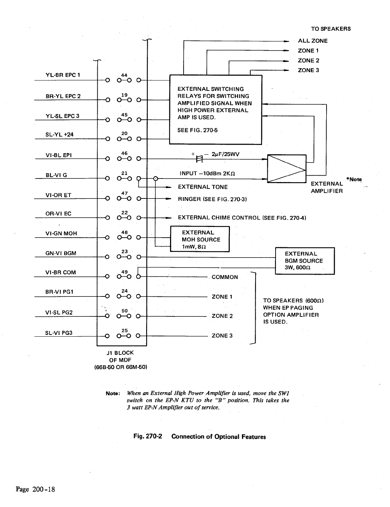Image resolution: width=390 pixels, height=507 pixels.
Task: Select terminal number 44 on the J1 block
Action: (x=124, y=75)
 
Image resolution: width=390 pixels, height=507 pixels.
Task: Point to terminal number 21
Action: (x=124, y=173)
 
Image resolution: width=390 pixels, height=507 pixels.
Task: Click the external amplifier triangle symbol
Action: (x=287, y=169)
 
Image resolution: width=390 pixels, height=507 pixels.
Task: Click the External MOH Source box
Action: (x=200, y=239)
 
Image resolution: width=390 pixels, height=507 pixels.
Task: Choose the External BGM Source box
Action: (x=305, y=260)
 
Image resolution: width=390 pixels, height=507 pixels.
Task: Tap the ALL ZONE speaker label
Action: (x=312, y=41)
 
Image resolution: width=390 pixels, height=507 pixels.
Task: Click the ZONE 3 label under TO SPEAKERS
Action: (x=308, y=70)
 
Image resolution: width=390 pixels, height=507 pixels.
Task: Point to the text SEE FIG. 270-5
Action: (x=197, y=130)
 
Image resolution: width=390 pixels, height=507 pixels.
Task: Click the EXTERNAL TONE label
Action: (x=202, y=187)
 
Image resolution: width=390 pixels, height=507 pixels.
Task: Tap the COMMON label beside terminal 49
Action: (x=225, y=277)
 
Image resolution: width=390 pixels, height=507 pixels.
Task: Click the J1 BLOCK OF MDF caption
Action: (x=120, y=359)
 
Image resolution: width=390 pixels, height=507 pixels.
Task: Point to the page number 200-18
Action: (x=35, y=489)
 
